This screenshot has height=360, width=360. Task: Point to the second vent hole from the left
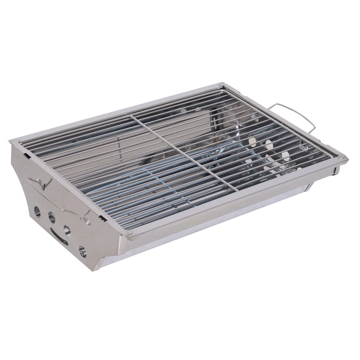pyautogui.click(x=52, y=218)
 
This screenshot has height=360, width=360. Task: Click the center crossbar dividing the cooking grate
pyautogui.click(x=180, y=151)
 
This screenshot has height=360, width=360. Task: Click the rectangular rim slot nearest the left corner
pyautogui.click(x=28, y=155)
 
